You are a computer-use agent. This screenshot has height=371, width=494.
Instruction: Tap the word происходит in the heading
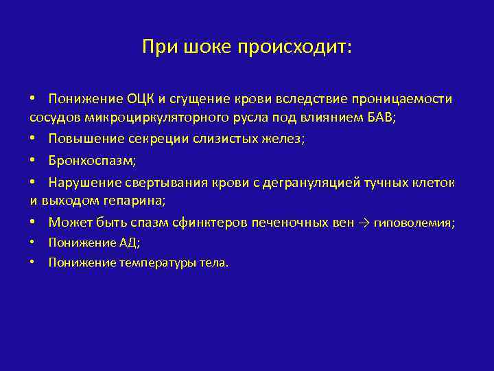[294, 47]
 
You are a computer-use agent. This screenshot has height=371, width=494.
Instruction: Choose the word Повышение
[78, 139]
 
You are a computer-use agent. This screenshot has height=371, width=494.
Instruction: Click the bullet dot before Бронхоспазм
[33, 160]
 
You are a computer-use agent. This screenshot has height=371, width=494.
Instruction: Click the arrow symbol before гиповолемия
[363, 223]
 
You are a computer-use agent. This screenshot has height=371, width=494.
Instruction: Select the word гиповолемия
[414, 223]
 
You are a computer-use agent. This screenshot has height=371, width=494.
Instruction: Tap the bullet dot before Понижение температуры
[33, 262]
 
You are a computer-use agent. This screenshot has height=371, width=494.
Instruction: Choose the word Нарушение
[80, 183]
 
